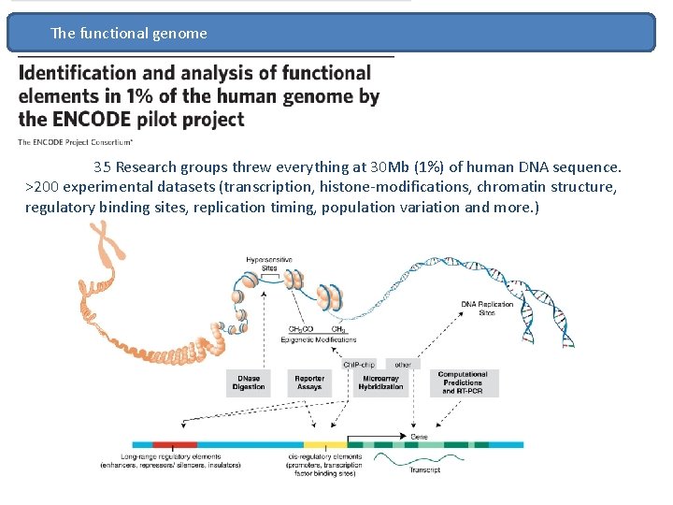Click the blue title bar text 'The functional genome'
click(x=129, y=34)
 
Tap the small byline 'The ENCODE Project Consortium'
click(x=75, y=142)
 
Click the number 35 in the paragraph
click(x=102, y=167)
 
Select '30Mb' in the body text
click(x=391, y=167)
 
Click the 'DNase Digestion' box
click(x=249, y=382)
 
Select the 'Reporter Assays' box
click(x=309, y=382)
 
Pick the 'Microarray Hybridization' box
click(x=380, y=382)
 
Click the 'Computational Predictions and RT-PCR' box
click(x=463, y=382)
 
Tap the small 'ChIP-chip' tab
click(x=360, y=364)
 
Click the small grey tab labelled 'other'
click(x=403, y=364)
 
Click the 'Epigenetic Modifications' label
click(x=317, y=339)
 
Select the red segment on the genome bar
click(x=175, y=445)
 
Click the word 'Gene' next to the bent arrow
click(x=421, y=436)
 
